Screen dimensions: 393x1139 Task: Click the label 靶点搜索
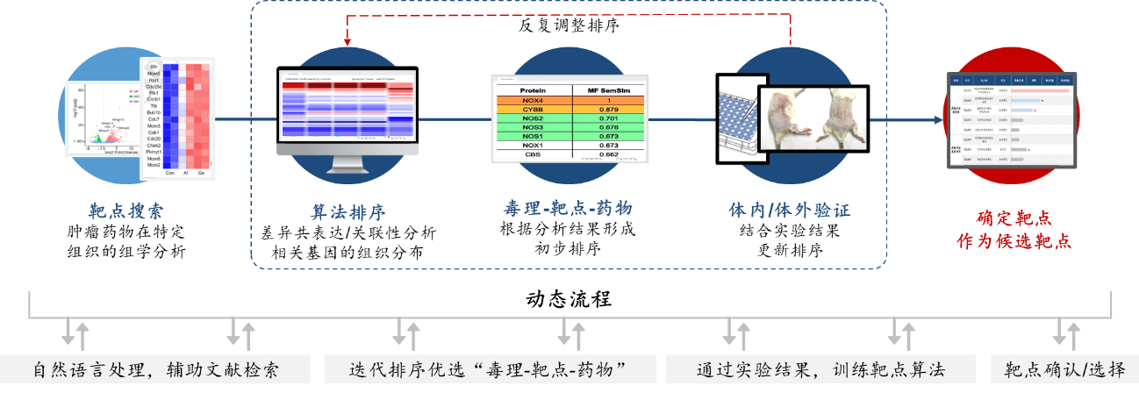[x=125, y=211]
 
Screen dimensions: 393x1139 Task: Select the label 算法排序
[x=348, y=212]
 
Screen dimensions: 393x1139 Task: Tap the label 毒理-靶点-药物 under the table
[x=568, y=208]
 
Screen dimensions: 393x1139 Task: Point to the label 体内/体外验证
[x=789, y=211]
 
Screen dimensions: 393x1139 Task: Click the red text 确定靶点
[x=1014, y=218]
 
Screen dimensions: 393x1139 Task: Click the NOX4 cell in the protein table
[x=533, y=100]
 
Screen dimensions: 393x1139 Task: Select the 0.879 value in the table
[x=610, y=109]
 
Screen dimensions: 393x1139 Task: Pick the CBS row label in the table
[x=533, y=154]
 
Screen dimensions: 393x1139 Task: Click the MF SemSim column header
[x=610, y=89]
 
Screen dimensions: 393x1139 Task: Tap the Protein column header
[x=533, y=89]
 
